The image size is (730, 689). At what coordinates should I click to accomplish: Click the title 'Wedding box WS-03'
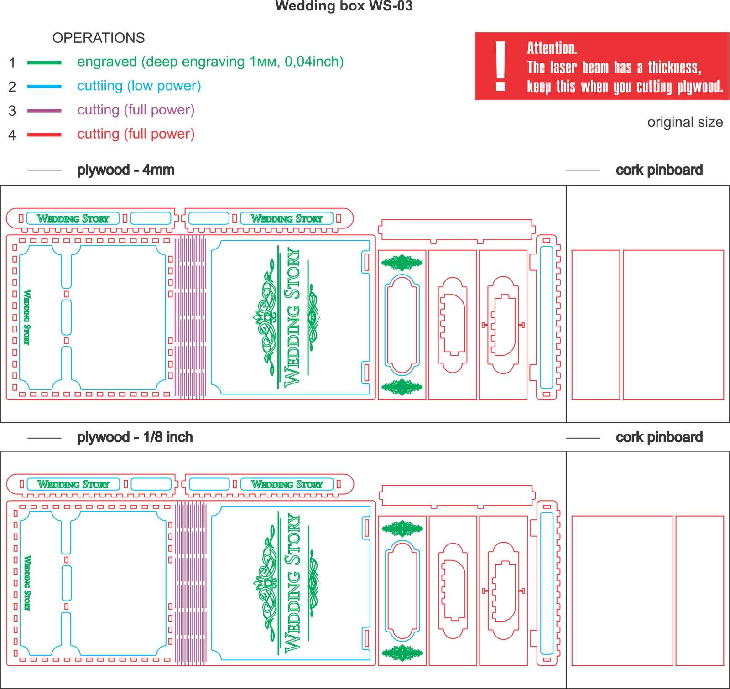click(x=344, y=6)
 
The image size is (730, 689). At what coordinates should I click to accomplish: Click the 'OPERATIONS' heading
click(x=99, y=38)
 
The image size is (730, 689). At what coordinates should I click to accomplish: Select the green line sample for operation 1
click(x=44, y=63)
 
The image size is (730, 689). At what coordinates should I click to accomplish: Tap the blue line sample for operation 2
click(x=44, y=87)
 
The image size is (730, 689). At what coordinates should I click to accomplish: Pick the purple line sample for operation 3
click(x=44, y=111)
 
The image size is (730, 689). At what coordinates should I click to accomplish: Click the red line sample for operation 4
click(x=44, y=135)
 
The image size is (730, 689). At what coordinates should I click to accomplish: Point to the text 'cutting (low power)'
click(x=139, y=86)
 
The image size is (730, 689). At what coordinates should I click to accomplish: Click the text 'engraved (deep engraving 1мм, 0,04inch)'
click(x=210, y=62)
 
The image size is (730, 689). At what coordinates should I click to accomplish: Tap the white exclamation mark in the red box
click(x=501, y=67)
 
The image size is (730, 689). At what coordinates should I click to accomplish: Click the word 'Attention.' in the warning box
click(x=552, y=48)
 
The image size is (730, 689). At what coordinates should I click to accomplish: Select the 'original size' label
click(x=685, y=122)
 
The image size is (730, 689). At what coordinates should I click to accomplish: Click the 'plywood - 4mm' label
click(x=125, y=170)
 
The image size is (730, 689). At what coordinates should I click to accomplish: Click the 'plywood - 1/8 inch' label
click(x=135, y=437)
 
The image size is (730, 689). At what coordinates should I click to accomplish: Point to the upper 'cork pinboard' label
click(x=659, y=170)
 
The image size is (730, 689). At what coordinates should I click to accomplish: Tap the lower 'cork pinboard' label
click(x=659, y=437)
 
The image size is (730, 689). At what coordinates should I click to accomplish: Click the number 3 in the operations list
click(x=12, y=111)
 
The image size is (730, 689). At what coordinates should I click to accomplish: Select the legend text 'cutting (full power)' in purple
click(x=136, y=110)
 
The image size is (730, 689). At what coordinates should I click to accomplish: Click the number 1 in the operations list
click(x=12, y=63)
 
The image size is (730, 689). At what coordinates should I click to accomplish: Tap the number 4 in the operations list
click(x=12, y=135)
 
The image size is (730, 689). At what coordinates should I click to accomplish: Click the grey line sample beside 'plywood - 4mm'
click(x=44, y=171)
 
